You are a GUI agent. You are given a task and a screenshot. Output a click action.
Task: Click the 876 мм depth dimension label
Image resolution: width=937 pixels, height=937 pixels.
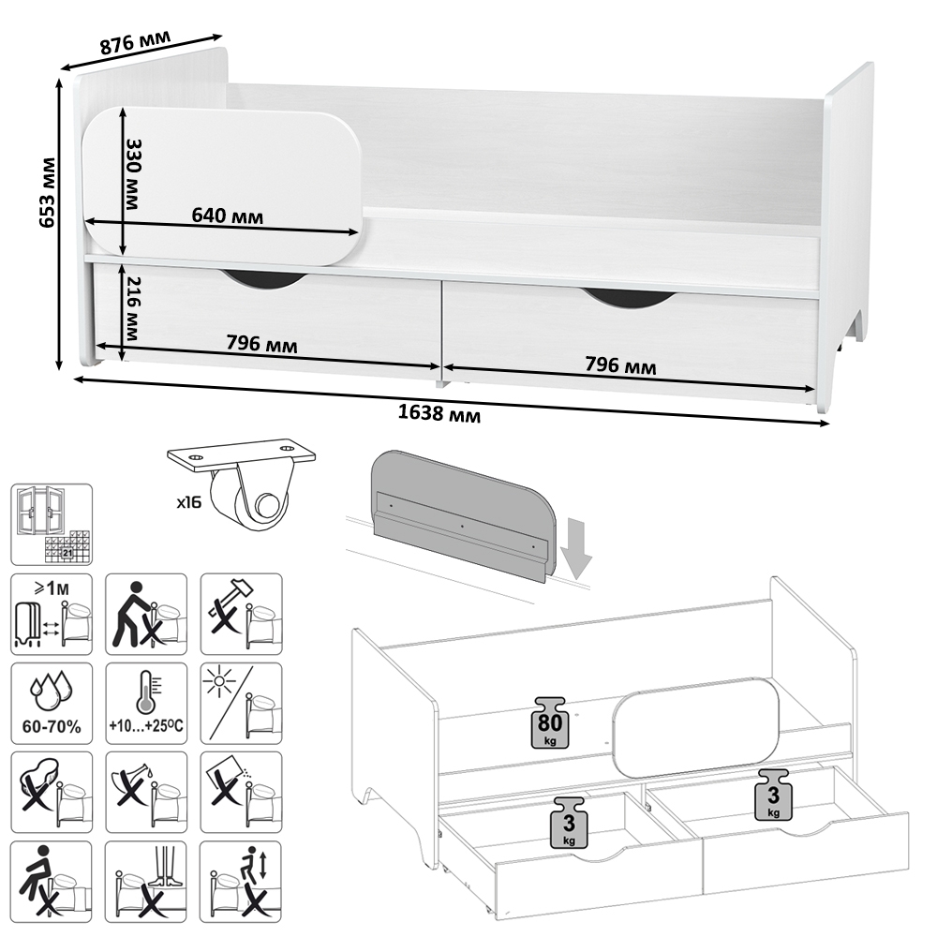pyautogui.click(x=135, y=42)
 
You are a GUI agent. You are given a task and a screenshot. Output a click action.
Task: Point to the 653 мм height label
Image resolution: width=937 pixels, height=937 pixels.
pyautogui.click(x=47, y=192)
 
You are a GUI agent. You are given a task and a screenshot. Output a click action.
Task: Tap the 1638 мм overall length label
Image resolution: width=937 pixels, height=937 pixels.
pyautogui.click(x=439, y=413)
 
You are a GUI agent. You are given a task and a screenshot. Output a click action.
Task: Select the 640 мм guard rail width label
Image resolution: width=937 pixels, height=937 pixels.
pyautogui.click(x=227, y=216)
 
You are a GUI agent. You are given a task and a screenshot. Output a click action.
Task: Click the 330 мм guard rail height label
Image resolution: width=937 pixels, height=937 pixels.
pyautogui.click(x=133, y=174)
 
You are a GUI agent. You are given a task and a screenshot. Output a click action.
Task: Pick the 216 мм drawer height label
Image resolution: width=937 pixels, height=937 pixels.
pyautogui.click(x=133, y=308)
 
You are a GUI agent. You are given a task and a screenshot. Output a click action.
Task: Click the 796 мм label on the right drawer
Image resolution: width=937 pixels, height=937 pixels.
pyautogui.click(x=620, y=364)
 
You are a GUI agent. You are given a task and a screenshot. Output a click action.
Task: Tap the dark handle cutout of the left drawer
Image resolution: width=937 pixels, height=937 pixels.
pyautogui.click(x=265, y=279)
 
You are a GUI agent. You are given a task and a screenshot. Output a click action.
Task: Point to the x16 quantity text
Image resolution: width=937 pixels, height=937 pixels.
pyautogui.click(x=189, y=502)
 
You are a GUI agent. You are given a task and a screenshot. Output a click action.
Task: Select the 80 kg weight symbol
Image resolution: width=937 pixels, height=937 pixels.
pyautogui.click(x=550, y=721)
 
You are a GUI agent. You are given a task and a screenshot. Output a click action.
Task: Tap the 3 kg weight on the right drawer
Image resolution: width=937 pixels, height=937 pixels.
pyautogui.click(x=773, y=795)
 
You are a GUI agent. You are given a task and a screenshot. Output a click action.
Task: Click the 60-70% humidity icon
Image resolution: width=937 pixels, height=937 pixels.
pyautogui.click(x=52, y=704)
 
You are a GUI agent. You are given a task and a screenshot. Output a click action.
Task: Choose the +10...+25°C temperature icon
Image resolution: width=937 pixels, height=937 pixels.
pyautogui.click(x=146, y=704)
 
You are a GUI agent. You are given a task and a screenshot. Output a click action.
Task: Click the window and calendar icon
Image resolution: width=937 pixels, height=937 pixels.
pyautogui.click(x=52, y=525)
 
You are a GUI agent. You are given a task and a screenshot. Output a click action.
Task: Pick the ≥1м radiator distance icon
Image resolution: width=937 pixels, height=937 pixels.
pyautogui.click(x=52, y=615)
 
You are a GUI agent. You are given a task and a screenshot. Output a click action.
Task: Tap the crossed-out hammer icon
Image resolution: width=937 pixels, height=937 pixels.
pyautogui.click(x=242, y=615)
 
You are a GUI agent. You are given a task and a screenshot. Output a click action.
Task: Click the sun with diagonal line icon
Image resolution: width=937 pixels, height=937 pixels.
pyautogui.click(x=242, y=704)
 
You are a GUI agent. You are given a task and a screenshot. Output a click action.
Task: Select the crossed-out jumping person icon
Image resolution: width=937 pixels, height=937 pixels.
pyautogui.click(x=241, y=882)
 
